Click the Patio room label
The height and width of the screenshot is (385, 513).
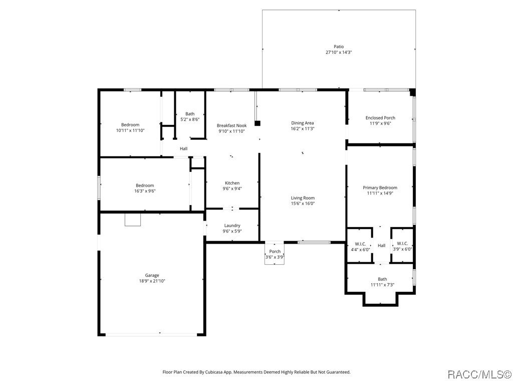click(x=339, y=47)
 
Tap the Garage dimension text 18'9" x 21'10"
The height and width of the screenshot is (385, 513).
click(x=152, y=281)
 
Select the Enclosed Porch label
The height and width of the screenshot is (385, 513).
click(x=380, y=118)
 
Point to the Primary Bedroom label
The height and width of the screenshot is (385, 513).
click(x=380, y=187)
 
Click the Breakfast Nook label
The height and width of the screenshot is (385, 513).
click(x=231, y=125)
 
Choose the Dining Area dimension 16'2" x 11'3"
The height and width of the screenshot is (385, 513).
click(x=303, y=128)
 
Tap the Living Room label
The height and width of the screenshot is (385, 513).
click(x=303, y=198)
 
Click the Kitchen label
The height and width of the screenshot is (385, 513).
click(x=232, y=183)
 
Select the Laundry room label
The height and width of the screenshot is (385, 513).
click(x=232, y=226)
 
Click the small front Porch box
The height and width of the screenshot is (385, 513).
click(x=275, y=254)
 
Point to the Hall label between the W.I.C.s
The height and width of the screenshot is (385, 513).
click(x=382, y=246)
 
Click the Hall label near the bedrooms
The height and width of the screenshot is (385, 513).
click(x=184, y=148)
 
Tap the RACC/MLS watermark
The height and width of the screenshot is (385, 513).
click(x=478, y=374)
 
